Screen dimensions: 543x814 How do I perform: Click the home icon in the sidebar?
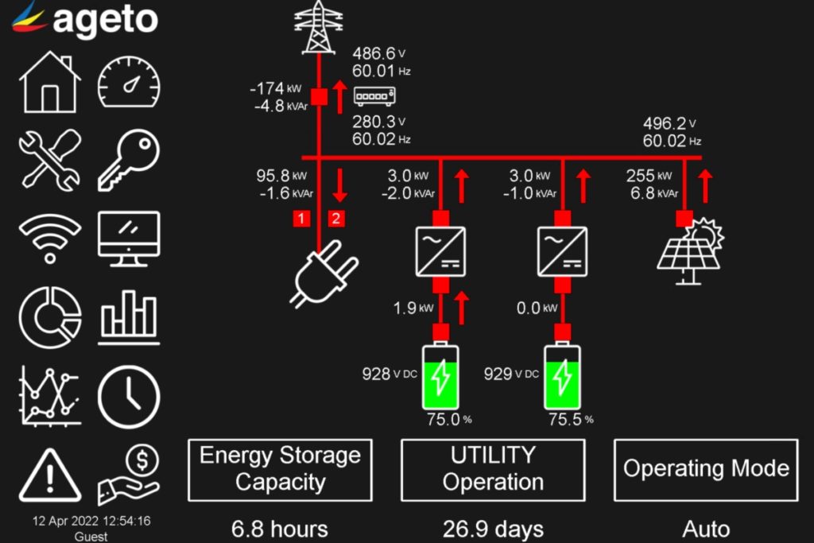pyautogui.click(x=50, y=82)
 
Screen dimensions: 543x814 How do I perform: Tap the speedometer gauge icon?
pyautogui.click(x=129, y=82)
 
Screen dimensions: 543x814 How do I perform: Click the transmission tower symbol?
pyautogui.click(x=318, y=27)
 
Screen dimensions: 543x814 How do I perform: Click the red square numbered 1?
pyautogui.click(x=300, y=218)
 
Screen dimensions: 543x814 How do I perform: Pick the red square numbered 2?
pyautogui.click(x=336, y=218)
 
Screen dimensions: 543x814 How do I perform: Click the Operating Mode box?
pyautogui.click(x=706, y=469)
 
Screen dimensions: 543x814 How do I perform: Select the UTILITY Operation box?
pyautogui.click(x=493, y=469)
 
